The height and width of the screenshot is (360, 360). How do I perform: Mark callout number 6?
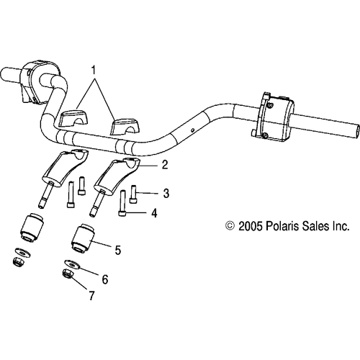104,278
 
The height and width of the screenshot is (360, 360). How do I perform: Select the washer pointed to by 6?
73,264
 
